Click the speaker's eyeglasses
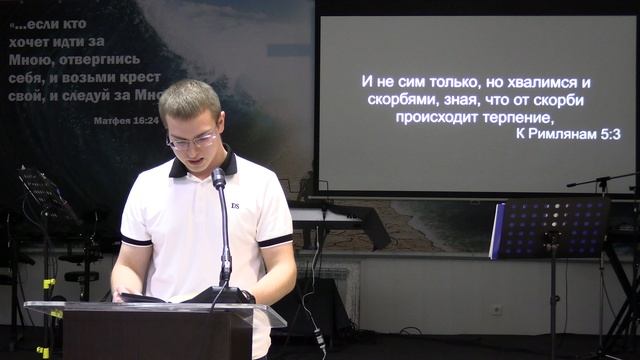tap(192, 140)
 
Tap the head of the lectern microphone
tap(218, 177)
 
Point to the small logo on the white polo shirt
tap(235, 205)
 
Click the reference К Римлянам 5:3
tap(568, 133)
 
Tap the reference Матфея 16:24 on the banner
tap(126, 120)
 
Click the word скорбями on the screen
tap(401, 100)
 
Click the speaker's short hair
tap(189, 99)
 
